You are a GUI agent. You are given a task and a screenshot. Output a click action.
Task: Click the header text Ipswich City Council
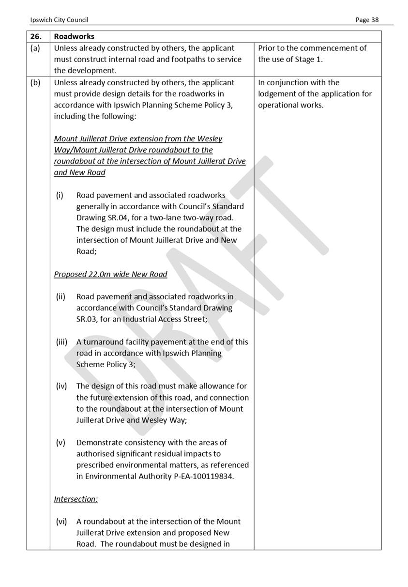[x=59, y=20]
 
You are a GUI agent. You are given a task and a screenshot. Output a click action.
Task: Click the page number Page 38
[x=367, y=20]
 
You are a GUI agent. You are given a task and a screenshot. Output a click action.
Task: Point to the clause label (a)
[x=35, y=48]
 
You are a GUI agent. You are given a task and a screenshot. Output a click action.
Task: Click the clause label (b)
[x=35, y=82]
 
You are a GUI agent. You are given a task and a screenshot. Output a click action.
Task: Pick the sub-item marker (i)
[x=60, y=195]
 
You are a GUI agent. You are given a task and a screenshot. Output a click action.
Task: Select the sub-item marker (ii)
[x=60, y=296]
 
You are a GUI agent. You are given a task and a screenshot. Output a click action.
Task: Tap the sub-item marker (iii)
[x=61, y=342]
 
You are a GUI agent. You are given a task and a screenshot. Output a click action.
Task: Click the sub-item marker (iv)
[x=61, y=386]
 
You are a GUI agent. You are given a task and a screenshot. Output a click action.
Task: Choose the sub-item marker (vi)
[x=61, y=522]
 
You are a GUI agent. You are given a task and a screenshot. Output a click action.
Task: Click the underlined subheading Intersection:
[x=76, y=499]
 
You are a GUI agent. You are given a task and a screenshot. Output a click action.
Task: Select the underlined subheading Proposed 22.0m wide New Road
[x=110, y=274]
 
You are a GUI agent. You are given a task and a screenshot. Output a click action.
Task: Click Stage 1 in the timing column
[x=308, y=60]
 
